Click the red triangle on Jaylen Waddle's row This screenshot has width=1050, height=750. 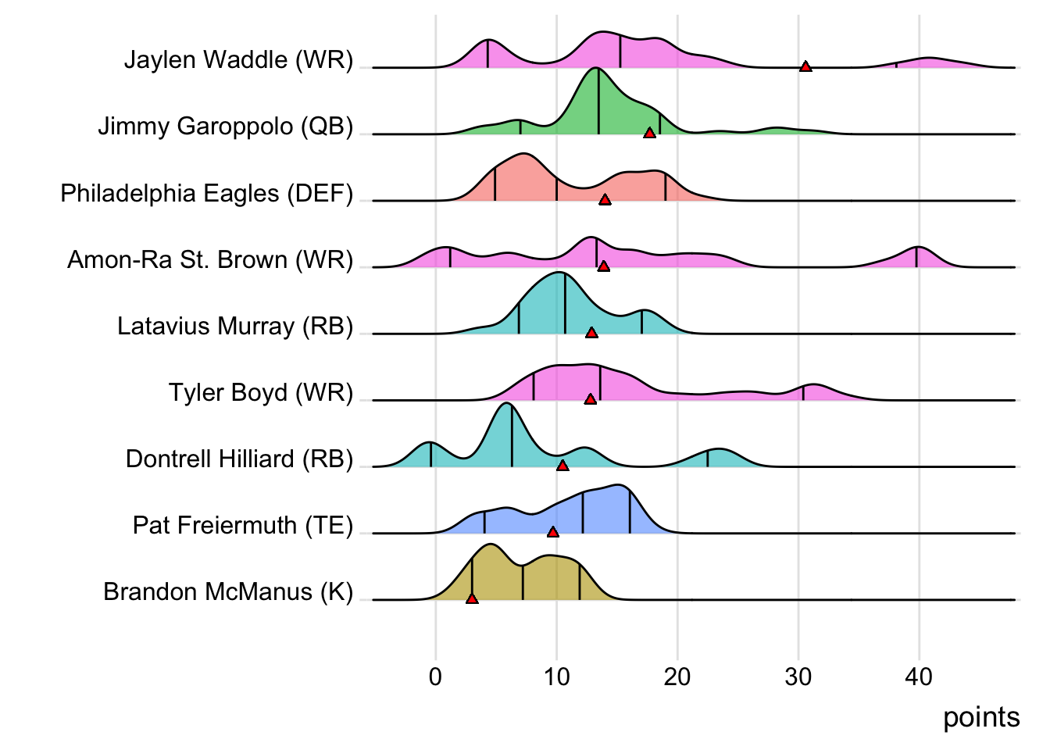click(x=805, y=67)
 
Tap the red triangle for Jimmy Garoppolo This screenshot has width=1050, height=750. click(x=649, y=134)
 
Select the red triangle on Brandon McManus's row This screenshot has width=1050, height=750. click(x=472, y=598)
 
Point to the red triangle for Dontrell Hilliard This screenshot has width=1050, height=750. click(x=562, y=466)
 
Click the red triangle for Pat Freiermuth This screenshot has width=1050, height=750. click(x=553, y=532)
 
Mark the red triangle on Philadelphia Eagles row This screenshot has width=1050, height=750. click(x=605, y=200)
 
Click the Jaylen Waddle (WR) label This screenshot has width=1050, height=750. click(x=238, y=59)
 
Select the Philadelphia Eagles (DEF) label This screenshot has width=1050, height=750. click(x=206, y=193)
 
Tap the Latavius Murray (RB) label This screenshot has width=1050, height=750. click(x=235, y=326)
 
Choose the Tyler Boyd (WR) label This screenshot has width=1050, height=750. click(x=261, y=392)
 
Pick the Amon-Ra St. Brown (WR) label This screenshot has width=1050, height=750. click(x=210, y=259)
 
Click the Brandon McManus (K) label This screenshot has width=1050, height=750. click(x=228, y=591)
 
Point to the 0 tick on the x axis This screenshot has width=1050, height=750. click(x=435, y=677)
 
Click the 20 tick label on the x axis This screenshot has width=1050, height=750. click(x=677, y=677)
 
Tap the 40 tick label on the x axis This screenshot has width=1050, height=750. click(x=919, y=677)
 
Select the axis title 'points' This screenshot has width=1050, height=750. click(x=981, y=717)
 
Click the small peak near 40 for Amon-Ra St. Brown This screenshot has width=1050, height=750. click(x=917, y=252)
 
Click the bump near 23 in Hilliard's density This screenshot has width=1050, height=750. click(x=718, y=453)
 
